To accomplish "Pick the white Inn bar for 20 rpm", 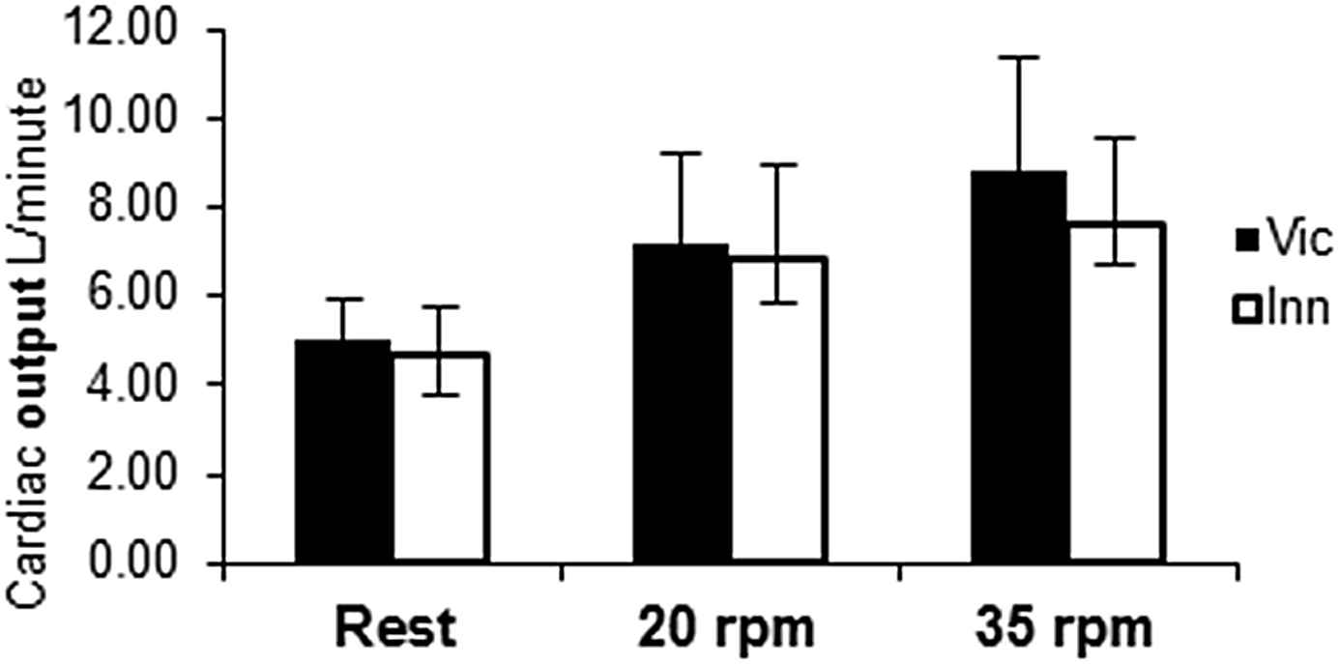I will pos(777,410).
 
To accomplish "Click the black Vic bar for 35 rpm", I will pos(1020,367).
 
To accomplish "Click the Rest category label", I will pos(393,629).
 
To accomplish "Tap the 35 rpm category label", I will pos(1067,629).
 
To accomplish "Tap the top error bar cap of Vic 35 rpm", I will pos(1020,57).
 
